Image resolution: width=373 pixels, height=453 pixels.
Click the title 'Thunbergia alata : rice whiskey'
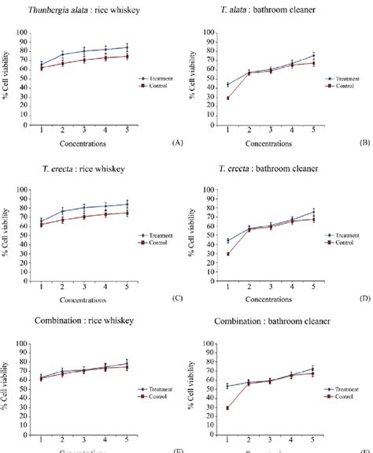(x=88, y=9)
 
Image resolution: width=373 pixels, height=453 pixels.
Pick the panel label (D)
(x=364, y=299)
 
